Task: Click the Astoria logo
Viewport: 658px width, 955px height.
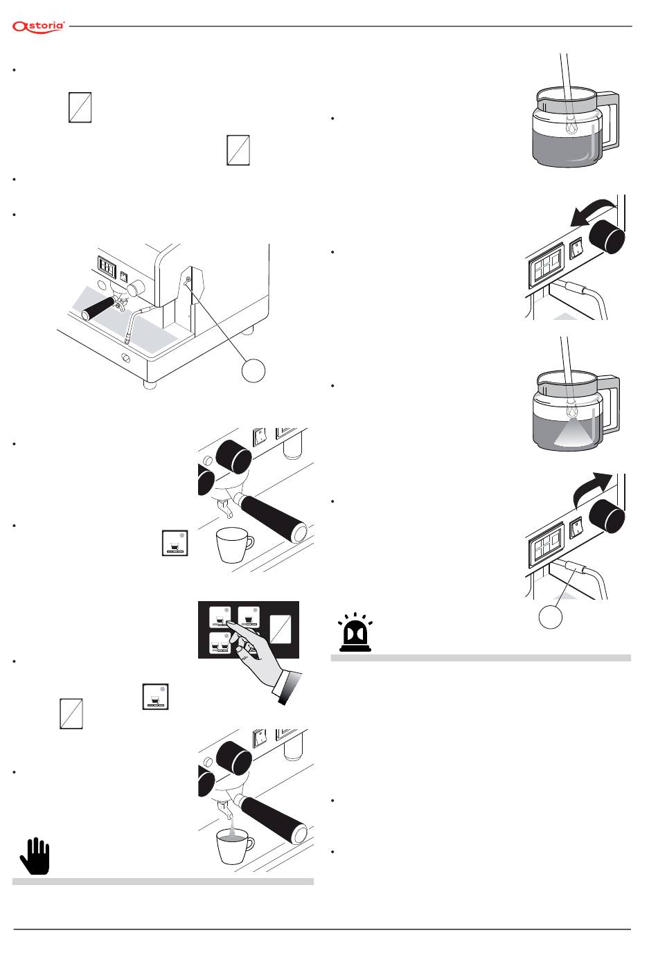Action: (39, 26)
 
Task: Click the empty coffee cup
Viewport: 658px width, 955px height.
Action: (234, 545)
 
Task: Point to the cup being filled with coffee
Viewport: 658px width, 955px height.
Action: (233, 846)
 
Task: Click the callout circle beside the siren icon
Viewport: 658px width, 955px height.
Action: (551, 616)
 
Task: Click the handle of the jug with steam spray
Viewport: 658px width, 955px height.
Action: (610, 405)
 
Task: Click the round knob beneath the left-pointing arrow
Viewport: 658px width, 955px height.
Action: (609, 237)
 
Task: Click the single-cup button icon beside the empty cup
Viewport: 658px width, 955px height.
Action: (175, 544)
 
